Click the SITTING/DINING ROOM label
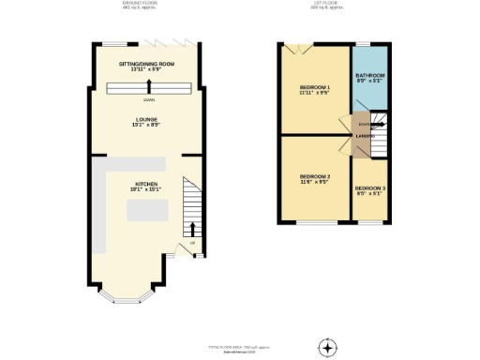(148, 63)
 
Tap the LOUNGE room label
(148, 119)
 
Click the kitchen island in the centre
(148, 211)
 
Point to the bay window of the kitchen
(125, 297)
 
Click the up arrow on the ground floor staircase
(194, 228)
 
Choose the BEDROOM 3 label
(369, 189)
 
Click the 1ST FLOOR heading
(331, 4)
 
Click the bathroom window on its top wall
(362, 45)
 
